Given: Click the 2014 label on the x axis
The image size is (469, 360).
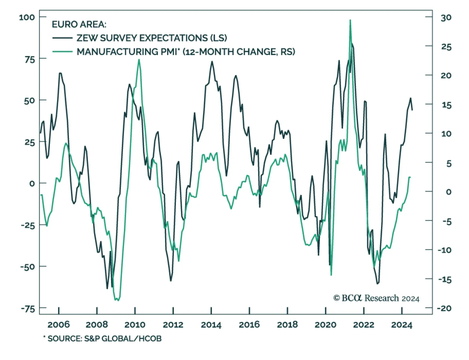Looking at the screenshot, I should [211, 325].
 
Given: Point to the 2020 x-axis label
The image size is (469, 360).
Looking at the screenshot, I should [325, 325].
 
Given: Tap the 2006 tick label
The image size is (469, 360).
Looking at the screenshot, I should [59, 325].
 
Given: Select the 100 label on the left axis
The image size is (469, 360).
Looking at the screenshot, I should [27, 17].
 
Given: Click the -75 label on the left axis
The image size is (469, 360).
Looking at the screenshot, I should [28, 309].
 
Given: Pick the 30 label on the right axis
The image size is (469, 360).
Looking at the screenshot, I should [446, 18].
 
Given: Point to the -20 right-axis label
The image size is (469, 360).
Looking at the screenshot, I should [444, 308].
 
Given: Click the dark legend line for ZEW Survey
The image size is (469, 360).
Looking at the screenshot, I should [62, 38].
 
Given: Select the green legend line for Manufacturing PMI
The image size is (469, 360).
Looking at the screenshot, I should [62, 52].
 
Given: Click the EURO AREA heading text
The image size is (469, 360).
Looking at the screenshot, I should [79, 24].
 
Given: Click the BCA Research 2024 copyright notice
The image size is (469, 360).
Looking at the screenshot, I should [376, 298].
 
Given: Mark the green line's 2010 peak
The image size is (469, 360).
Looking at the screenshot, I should [139, 60].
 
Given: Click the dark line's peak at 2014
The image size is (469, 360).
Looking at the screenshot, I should [212, 62].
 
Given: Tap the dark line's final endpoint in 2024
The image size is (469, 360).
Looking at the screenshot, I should [412, 110].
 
